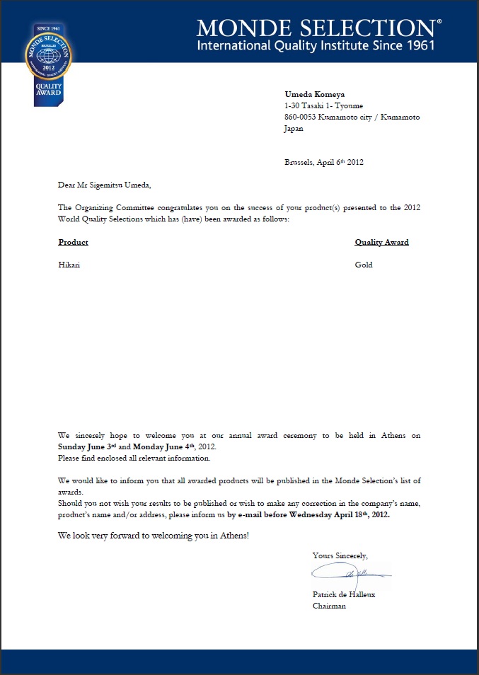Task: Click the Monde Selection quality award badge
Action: tap(50, 63)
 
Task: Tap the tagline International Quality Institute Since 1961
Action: tap(315, 46)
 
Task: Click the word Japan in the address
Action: tap(294, 129)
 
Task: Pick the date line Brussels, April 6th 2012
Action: tap(324, 162)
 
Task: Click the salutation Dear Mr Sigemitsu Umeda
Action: tap(105, 185)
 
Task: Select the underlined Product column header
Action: tap(74, 243)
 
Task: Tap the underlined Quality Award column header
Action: tap(381, 243)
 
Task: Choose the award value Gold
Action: tap(364, 265)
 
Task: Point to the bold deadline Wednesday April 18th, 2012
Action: tap(330, 514)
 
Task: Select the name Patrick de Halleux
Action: tap(344, 595)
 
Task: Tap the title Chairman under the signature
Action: tap(329, 606)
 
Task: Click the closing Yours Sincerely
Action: tap(340, 555)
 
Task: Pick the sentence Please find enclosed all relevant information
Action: tap(134, 458)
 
